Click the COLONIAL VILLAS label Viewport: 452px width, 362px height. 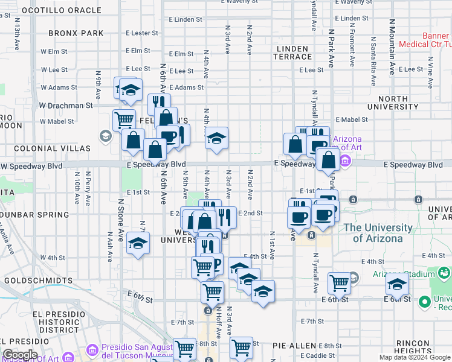pos(52,148)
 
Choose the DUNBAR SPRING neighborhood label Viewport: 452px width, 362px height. pos(35,214)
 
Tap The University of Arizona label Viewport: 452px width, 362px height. pos(377,233)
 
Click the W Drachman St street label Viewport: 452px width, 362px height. pos(66,105)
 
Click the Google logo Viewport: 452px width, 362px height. pos(20,355)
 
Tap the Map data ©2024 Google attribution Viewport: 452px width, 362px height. pos(415,357)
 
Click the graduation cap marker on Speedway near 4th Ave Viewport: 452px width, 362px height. pos(216,139)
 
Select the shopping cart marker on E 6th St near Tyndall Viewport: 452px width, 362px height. pos(340,282)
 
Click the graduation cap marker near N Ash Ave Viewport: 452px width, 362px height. pos(138,244)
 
